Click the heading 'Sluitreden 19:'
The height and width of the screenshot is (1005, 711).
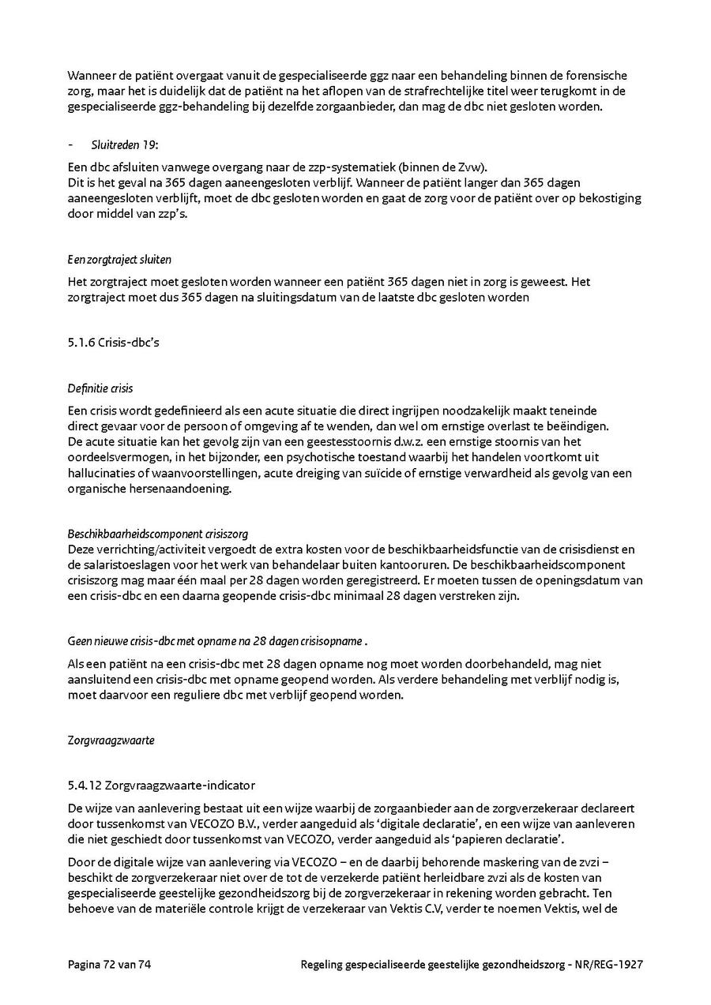tap(125, 144)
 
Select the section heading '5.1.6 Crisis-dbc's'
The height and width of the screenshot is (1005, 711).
tap(107, 343)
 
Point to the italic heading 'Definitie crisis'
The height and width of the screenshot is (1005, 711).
tap(100, 388)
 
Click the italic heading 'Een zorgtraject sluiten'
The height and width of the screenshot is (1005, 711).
tap(119, 259)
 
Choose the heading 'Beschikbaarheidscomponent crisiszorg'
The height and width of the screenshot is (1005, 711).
tap(158, 534)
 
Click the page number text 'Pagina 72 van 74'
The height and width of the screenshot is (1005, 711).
tap(109, 964)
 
